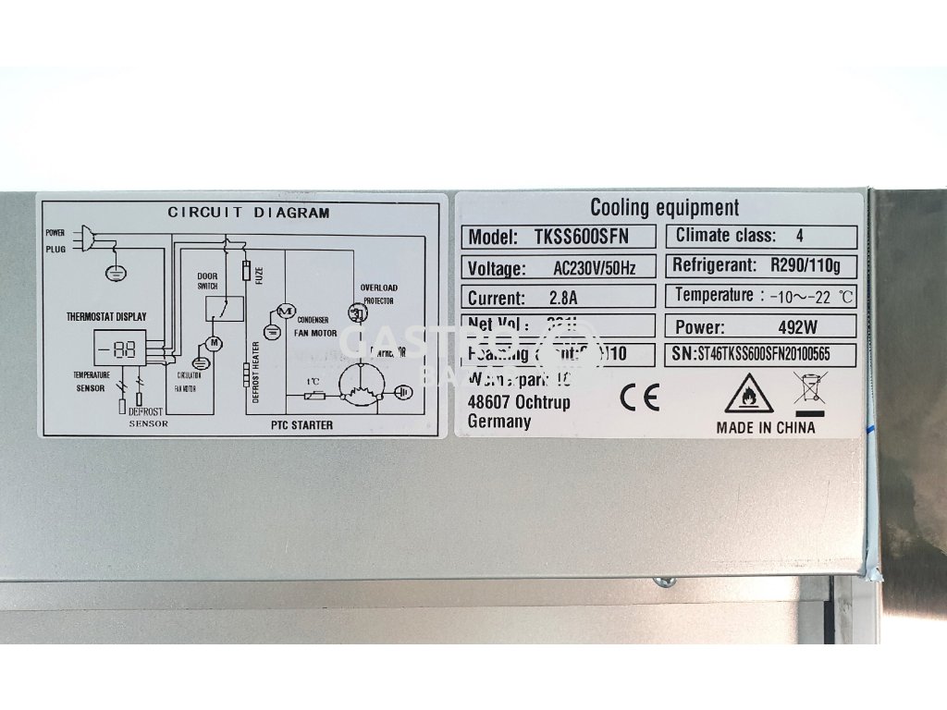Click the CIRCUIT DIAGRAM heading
(x=248, y=213)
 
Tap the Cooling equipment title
(x=664, y=208)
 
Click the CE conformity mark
(x=639, y=398)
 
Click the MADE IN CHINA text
(x=766, y=427)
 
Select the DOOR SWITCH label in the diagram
(x=206, y=282)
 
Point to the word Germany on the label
(x=500, y=422)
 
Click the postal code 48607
(x=490, y=402)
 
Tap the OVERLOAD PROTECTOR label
(x=379, y=294)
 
